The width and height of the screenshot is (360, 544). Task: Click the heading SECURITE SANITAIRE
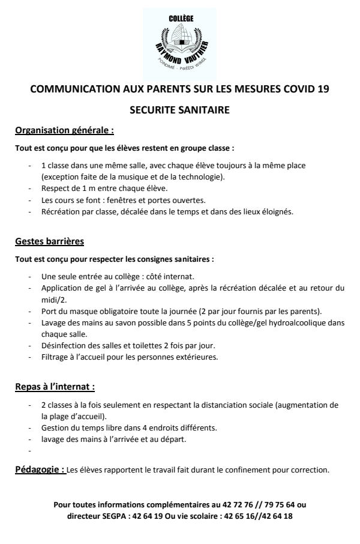click(179, 110)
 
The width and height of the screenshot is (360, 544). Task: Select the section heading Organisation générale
click(64, 130)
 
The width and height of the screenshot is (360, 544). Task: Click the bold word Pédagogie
click(40, 470)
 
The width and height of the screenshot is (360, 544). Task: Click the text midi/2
click(52, 299)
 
